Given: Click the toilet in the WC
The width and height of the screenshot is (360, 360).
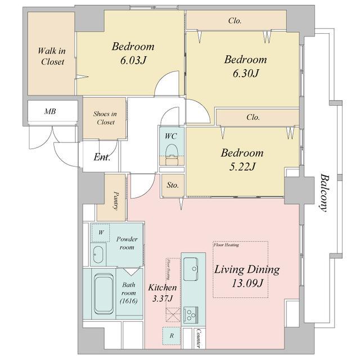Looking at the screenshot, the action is (x=172, y=154).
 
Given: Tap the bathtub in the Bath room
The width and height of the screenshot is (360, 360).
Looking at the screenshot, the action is (x=103, y=294).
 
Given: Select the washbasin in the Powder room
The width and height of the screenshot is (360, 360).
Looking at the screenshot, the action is (x=98, y=255).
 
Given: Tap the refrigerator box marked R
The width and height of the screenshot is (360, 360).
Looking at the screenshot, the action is (x=171, y=336).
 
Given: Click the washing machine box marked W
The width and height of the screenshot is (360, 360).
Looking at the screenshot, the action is (x=101, y=232).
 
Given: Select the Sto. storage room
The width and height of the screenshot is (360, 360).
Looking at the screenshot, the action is (x=173, y=185).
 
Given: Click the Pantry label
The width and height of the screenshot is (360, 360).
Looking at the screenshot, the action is (x=116, y=201).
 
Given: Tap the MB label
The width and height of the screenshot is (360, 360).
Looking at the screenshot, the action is (x=50, y=111).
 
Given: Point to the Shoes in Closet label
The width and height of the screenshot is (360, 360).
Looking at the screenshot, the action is (x=105, y=118).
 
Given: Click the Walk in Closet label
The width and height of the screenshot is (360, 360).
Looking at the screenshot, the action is (x=52, y=56).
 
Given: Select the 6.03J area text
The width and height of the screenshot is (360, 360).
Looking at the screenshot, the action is (x=133, y=61).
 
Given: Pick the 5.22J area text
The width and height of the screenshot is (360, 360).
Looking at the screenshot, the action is (x=242, y=167).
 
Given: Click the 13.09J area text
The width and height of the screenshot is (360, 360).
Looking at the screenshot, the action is (x=247, y=283).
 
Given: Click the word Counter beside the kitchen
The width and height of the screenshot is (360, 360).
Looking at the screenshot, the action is (x=199, y=339).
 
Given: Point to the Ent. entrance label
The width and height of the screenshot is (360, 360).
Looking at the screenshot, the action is (x=102, y=157).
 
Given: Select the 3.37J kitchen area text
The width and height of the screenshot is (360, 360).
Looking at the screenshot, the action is (x=163, y=299).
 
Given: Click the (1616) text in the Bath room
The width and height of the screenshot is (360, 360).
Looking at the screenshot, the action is (x=129, y=301).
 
